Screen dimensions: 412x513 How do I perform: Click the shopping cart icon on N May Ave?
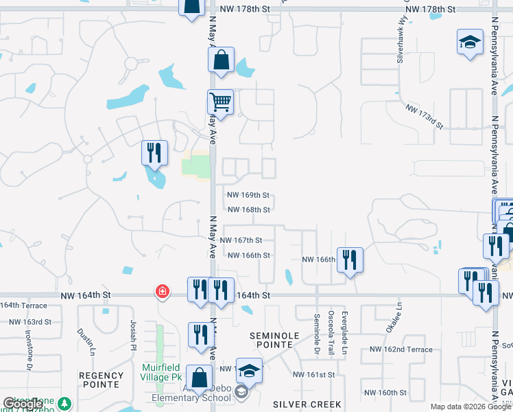point(220,103)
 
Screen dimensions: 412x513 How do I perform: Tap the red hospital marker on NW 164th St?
point(162,291)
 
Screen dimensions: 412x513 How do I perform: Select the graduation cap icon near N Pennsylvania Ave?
point(470,43)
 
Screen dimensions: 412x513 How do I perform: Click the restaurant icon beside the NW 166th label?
point(350,260)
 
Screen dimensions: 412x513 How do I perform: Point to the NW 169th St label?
point(248,196)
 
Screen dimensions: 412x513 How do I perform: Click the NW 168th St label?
point(248,209)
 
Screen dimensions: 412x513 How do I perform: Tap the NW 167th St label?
point(241,240)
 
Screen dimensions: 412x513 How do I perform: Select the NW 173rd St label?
point(424,117)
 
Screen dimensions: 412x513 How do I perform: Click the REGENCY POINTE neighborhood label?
point(101,376)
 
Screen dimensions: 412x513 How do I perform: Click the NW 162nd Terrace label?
point(401,350)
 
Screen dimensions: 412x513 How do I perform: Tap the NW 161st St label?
point(313,375)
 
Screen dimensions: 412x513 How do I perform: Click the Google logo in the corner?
point(23,404)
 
